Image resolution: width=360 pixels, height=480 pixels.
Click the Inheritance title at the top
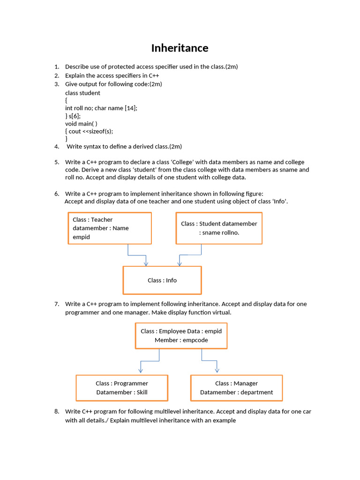point(180,48)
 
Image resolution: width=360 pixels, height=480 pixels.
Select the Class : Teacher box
point(110,228)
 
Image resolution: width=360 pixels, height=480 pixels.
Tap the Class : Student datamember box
point(219,228)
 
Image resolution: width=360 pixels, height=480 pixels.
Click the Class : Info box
point(162,280)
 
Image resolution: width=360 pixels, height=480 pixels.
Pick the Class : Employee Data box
point(181,336)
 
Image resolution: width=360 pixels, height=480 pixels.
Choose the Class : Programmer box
point(122,388)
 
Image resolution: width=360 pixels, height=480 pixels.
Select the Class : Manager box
point(236,388)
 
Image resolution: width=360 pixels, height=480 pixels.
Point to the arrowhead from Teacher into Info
point(146,263)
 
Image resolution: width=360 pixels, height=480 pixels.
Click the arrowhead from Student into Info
point(180,263)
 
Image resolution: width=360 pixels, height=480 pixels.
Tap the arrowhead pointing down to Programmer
point(140,371)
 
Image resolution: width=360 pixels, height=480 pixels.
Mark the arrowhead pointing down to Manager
point(217,371)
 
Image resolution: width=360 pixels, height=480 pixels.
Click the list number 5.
point(57,162)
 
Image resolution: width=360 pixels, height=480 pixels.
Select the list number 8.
point(57,412)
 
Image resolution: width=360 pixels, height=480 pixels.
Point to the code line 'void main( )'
point(81,124)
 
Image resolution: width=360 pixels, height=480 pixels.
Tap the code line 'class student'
point(82,93)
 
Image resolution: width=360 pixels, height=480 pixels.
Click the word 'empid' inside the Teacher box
point(81,237)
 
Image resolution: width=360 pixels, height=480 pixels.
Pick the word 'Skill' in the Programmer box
point(142,392)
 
